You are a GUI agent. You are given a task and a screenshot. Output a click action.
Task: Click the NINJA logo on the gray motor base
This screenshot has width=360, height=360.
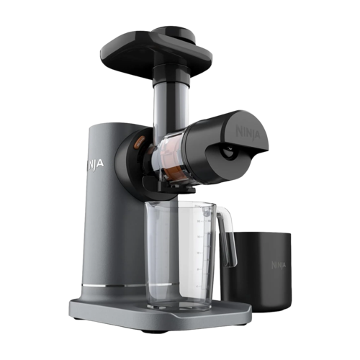point(95,164)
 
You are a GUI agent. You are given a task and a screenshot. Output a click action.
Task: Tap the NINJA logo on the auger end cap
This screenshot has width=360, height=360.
point(248,131)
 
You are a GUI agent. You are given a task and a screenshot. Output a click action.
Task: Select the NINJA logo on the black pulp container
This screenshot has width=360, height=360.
point(279,265)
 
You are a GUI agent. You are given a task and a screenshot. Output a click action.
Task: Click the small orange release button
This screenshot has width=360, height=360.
point(140,143)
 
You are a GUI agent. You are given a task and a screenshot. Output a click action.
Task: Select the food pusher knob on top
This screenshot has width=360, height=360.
point(174,33)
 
